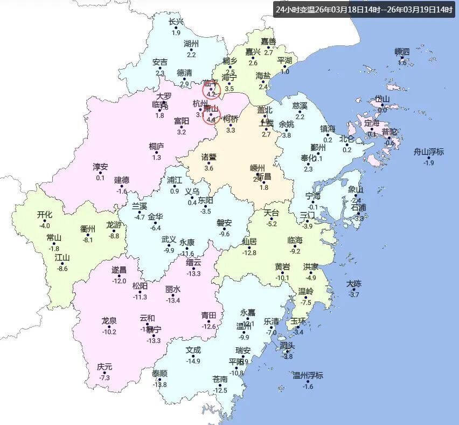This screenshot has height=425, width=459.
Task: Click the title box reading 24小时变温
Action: coord(364,9)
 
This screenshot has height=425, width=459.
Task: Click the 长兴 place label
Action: coord(176,22)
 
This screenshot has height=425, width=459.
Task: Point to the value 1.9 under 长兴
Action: coord(176,33)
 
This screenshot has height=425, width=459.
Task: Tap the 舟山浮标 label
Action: coord(429,152)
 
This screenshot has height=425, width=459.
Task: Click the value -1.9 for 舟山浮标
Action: coord(429,163)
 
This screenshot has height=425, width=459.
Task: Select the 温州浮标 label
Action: coord(308,375)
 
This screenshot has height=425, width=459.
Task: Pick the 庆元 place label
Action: coord(105,367)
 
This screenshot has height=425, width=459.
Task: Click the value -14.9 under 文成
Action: coord(193,361)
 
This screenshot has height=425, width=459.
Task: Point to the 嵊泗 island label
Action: coord(402,52)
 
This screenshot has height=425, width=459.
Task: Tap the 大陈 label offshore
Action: coord(354,284)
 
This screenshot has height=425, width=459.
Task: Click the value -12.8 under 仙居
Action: coord(249,253)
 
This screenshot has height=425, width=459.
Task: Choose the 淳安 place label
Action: coord(100,167)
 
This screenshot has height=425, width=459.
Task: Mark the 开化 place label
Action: coord(45,215)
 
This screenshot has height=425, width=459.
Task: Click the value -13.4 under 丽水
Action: coord(173,300)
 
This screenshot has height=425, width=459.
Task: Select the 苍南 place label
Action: coord(220,380)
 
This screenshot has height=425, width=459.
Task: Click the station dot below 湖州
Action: coord(191,50)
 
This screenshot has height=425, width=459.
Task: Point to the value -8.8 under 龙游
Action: coord(114,236)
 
